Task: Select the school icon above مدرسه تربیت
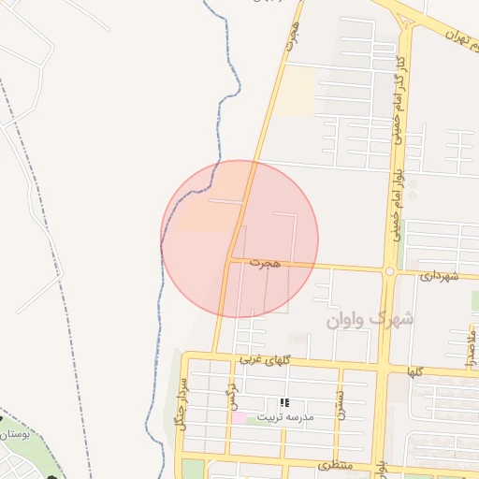tap(283, 403)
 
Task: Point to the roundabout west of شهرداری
tap(388, 271)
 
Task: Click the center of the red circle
tap(239, 239)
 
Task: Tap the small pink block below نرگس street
tap(239, 417)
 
